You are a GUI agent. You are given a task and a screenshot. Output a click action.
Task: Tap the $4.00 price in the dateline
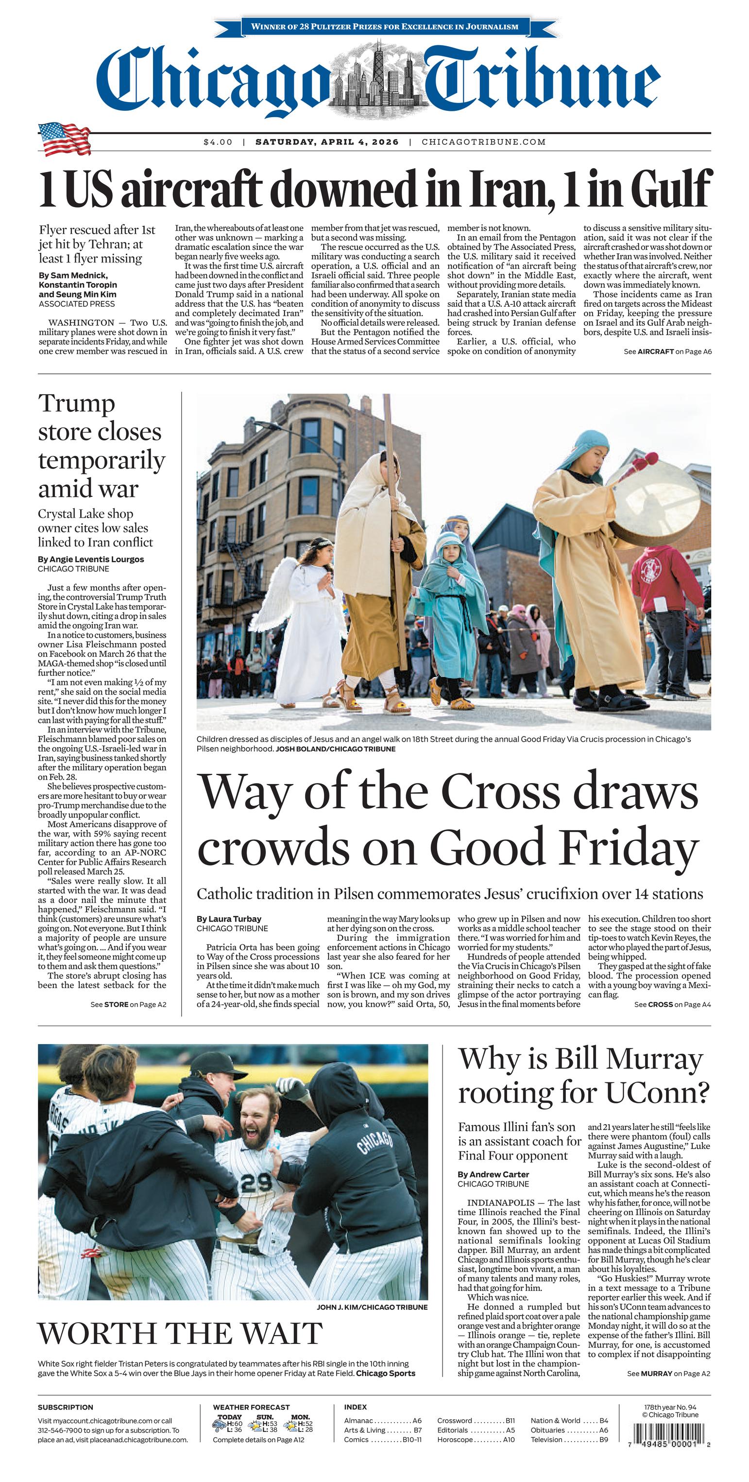click(x=218, y=142)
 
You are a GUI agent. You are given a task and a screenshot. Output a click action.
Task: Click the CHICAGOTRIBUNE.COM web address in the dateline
click(x=483, y=142)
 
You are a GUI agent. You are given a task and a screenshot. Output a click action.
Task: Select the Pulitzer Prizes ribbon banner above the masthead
click(x=385, y=26)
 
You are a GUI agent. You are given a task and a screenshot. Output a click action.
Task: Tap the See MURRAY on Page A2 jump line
click(x=668, y=1373)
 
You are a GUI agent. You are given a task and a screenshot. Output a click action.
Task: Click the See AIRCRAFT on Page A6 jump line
click(x=667, y=351)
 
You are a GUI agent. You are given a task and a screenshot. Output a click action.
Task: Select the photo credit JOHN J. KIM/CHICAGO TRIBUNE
click(x=372, y=1307)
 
